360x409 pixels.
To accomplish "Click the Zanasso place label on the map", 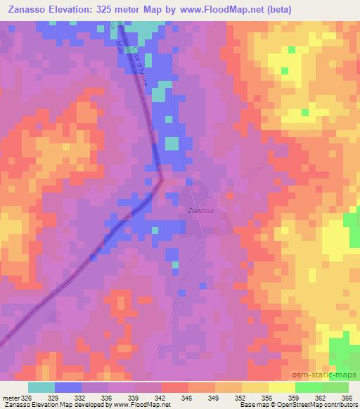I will [x=200, y=210].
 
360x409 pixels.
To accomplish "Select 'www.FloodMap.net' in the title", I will [x=220, y=11].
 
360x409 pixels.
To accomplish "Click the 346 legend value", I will [x=188, y=397].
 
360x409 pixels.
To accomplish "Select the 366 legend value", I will [x=348, y=397].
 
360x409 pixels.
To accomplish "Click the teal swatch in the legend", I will [x=41, y=387].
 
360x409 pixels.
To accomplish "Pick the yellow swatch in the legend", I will [x=255, y=387].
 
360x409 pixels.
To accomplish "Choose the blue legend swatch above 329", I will [x=68, y=387].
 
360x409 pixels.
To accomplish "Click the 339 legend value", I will [x=135, y=397].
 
